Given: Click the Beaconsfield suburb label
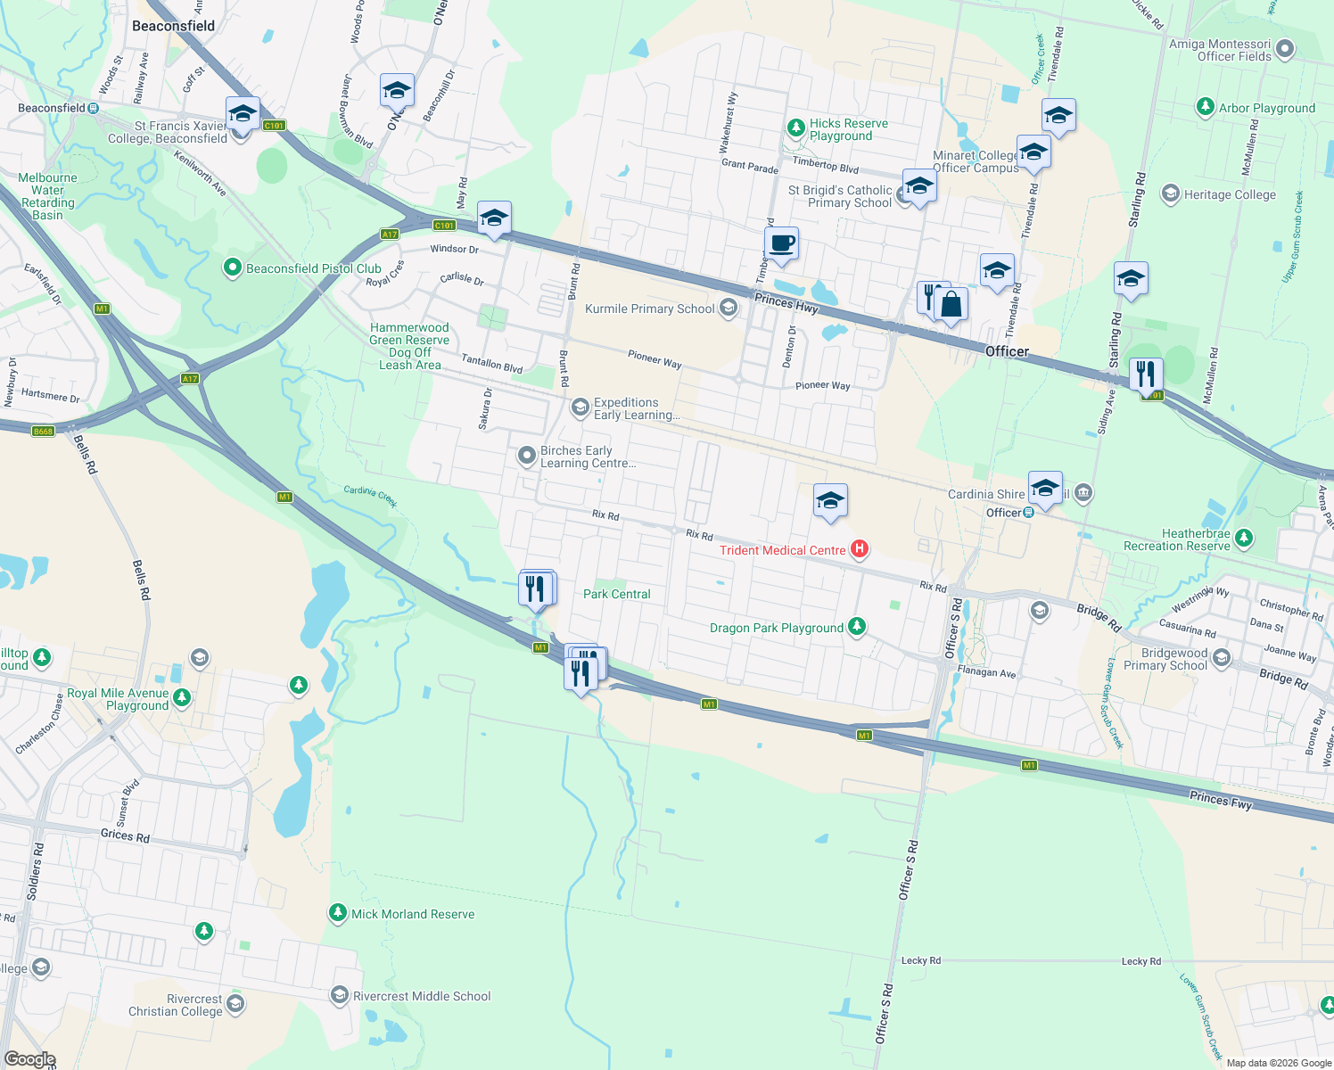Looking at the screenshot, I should tap(173, 26).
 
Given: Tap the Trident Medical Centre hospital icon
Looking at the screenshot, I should tap(860, 548).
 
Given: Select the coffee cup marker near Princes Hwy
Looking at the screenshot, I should tap(781, 243).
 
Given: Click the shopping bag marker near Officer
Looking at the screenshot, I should tap(951, 305).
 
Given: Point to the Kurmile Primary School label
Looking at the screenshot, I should tap(650, 309).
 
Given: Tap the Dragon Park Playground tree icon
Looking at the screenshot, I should tap(857, 627).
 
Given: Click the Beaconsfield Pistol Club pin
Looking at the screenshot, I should tap(233, 267).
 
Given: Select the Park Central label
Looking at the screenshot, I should tap(617, 594).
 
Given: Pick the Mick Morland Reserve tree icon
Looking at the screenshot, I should tap(337, 912).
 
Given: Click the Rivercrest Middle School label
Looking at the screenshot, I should tap(422, 996).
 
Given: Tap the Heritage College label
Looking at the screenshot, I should tap(1230, 194).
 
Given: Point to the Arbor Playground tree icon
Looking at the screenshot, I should tap(1206, 107).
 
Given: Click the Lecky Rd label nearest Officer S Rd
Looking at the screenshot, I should tap(921, 960).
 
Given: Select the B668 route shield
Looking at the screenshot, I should tap(43, 431).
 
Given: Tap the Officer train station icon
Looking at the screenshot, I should tap(1028, 513).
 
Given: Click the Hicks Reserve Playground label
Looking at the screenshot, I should tap(849, 129).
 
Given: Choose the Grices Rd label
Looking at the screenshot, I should tap(125, 835).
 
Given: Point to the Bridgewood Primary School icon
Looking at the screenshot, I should tap(1222, 658).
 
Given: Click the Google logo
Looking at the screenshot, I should tap(29, 1059).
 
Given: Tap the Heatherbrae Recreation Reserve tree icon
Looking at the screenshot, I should tap(1244, 539).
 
